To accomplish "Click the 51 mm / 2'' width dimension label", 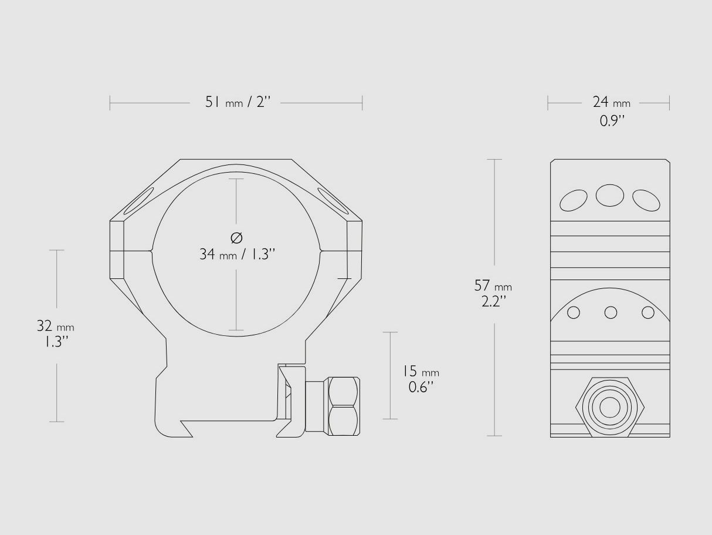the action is coord(238,102).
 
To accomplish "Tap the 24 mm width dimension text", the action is coord(612,102).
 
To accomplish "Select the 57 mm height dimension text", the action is coord(493,286).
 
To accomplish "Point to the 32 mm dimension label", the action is coord(56,326).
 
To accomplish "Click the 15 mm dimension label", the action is coord(421,371).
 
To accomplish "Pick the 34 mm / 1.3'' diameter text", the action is coord(237,254).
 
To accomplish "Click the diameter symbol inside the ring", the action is coord(236,238).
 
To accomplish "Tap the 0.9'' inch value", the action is coord(612,121).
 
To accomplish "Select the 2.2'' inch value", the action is coord(494,301).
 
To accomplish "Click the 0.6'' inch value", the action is coord(421,387).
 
